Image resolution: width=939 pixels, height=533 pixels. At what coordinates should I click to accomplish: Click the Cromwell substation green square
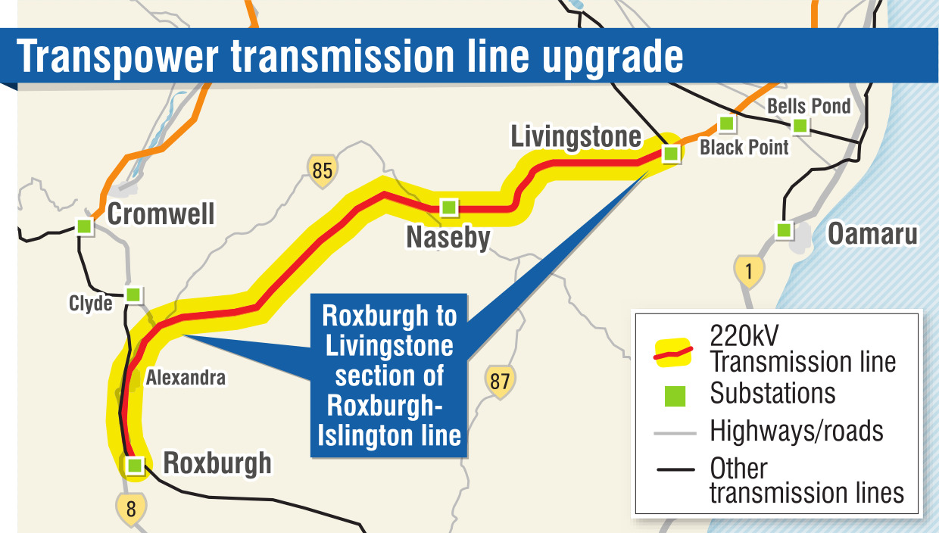point(84,226)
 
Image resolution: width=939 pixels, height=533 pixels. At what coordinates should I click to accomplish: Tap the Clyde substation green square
point(133,294)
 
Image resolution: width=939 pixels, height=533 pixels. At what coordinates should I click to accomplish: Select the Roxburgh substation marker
point(135,465)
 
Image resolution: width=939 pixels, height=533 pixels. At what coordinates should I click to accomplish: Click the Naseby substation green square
point(449,207)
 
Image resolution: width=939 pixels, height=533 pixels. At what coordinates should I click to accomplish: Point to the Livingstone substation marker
point(670,154)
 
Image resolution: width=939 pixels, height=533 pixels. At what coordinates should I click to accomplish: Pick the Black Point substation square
point(726,123)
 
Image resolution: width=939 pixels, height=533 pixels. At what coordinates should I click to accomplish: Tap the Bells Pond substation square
point(800,126)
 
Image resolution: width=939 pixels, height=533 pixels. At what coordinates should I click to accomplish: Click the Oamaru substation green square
point(784,229)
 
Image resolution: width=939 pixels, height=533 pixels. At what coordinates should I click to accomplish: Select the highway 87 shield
point(500,381)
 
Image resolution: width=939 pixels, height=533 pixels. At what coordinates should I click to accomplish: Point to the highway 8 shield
point(131,507)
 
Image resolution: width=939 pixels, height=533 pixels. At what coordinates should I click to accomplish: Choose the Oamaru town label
point(872,233)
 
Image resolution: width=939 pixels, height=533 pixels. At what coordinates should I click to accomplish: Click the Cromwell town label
point(161,214)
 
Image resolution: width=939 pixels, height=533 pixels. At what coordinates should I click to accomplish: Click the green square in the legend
point(674,395)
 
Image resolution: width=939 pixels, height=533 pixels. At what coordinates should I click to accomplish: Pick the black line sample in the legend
point(675,469)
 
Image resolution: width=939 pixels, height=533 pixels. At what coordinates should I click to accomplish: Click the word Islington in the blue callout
point(355,435)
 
